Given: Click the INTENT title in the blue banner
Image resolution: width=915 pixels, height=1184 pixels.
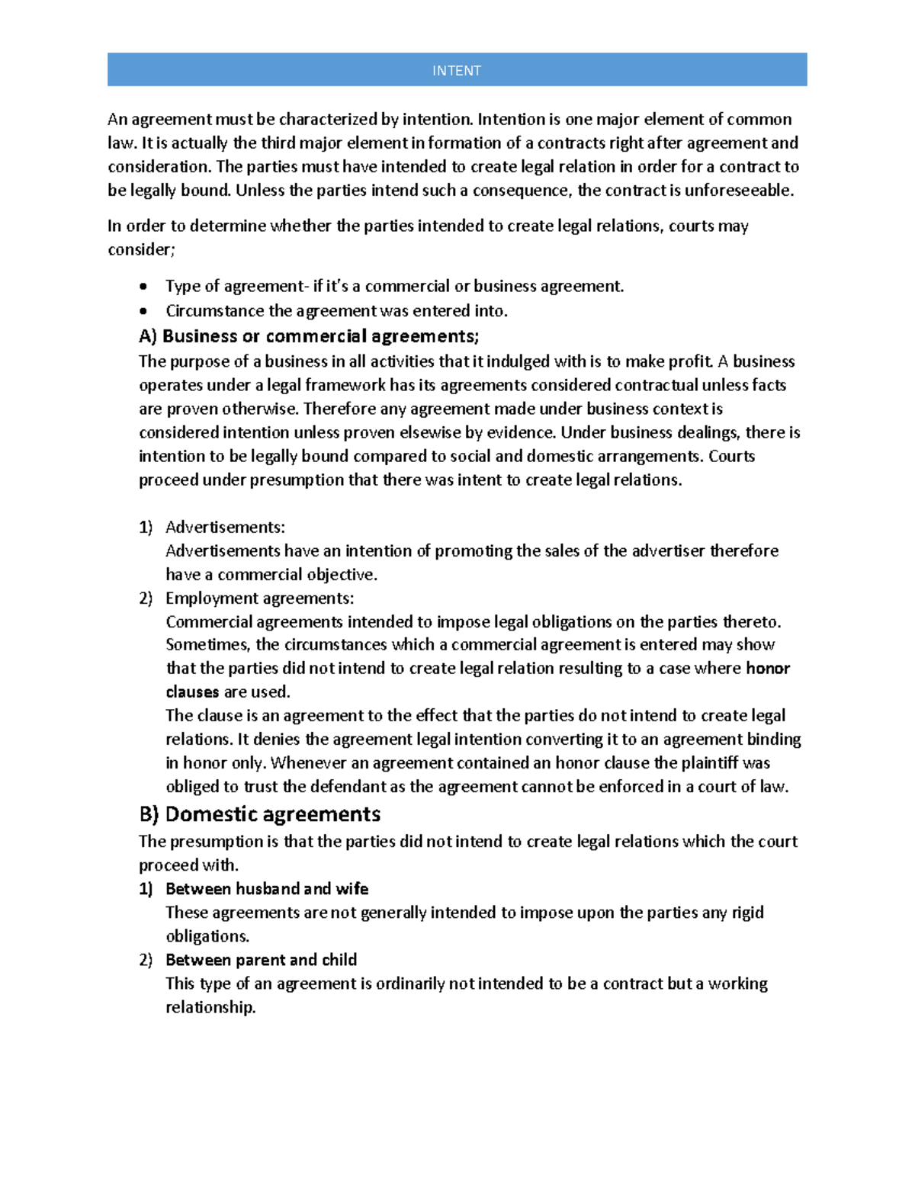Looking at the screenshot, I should pyautogui.click(x=457, y=71).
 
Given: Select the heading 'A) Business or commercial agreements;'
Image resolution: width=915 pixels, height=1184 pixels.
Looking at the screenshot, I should pyautogui.click(x=309, y=336).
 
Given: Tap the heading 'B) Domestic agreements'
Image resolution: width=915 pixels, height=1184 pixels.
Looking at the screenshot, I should pyautogui.click(x=259, y=814).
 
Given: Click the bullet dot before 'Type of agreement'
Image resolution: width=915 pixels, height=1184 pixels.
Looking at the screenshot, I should pyautogui.click(x=143, y=287).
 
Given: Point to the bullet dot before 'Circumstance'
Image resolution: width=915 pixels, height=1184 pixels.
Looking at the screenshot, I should pyautogui.click(x=143, y=311).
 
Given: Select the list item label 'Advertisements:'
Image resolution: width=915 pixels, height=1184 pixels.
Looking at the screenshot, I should pyautogui.click(x=225, y=527).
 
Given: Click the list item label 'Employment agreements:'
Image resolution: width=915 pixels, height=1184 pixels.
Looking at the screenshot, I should pyautogui.click(x=259, y=598).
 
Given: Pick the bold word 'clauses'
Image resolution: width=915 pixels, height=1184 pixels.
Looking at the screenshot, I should pyautogui.click(x=192, y=692).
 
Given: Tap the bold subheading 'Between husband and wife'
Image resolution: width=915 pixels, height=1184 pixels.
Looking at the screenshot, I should pyautogui.click(x=266, y=889).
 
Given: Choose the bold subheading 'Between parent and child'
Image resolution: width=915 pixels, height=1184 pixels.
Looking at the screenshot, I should pyautogui.click(x=261, y=960).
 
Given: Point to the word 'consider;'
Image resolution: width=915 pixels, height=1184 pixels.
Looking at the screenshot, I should pyautogui.click(x=141, y=250).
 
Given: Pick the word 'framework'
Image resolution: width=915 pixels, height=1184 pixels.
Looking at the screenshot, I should pyautogui.click(x=345, y=386).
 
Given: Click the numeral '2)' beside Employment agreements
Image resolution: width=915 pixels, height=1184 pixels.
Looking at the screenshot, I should pyautogui.click(x=146, y=598).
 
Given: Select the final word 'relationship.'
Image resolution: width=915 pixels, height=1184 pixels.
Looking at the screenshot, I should pyautogui.click(x=210, y=1007).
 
